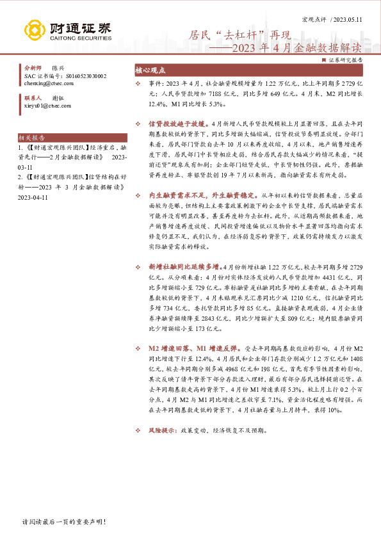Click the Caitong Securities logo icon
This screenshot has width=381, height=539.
tap(35, 30)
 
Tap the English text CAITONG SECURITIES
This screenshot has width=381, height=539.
tap(79, 38)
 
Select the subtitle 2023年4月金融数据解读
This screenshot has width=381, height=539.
tap(288, 47)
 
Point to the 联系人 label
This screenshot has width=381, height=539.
tap(32, 98)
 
